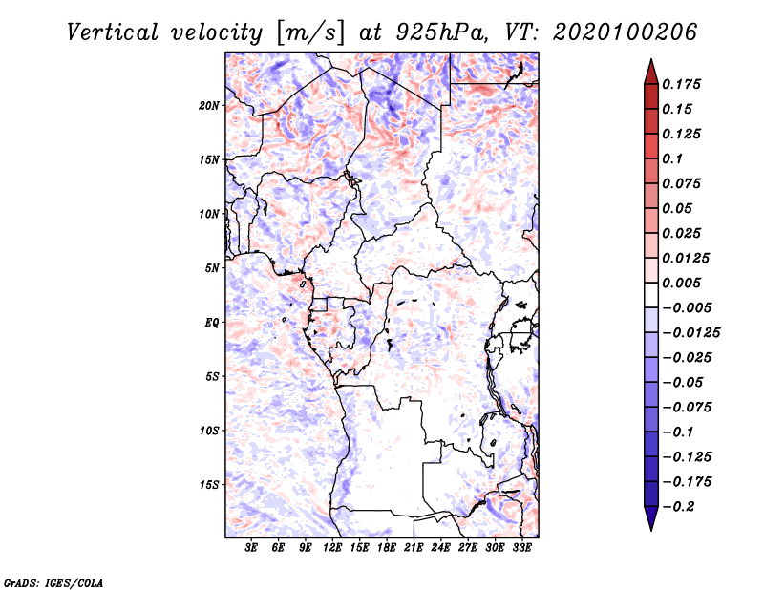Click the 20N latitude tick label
point(209,106)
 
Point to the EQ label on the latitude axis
point(211,323)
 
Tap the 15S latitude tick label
point(209,485)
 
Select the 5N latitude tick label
point(211,268)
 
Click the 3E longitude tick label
point(251,548)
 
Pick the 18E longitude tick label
point(387,548)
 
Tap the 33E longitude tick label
point(521,548)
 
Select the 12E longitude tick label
point(332,548)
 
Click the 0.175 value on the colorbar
point(681,84)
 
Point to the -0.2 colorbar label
point(678,507)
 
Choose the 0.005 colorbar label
point(681,283)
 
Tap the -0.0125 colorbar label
point(690,333)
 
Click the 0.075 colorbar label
point(681,183)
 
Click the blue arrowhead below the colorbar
point(651,518)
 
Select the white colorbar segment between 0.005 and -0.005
point(651,295)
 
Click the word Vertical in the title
point(113,32)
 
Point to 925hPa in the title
point(442,32)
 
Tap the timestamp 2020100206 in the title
point(626,32)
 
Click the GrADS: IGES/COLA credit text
point(53,583)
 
